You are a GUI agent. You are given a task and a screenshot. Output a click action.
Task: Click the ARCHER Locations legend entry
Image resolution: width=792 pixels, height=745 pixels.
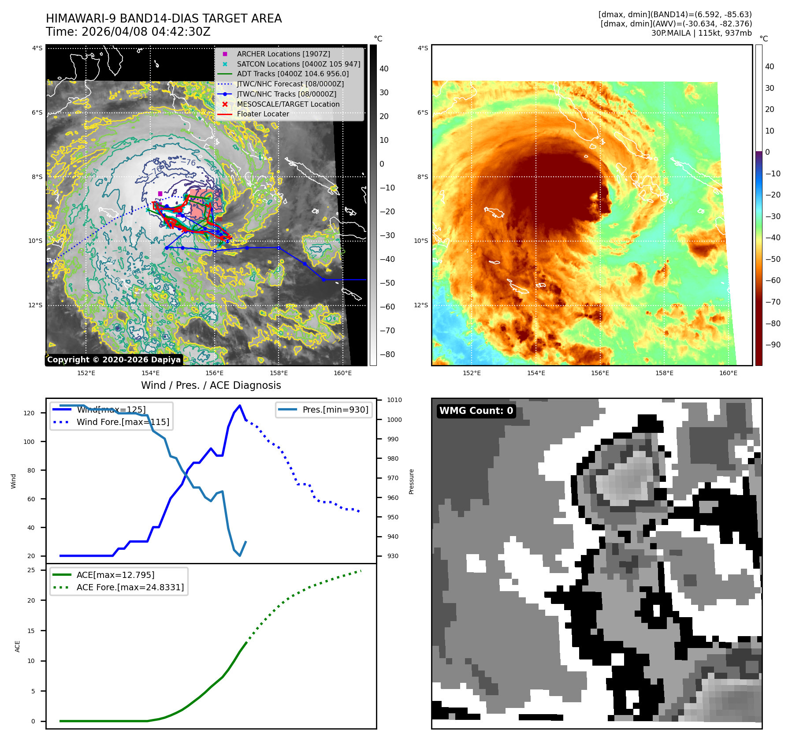click(283, 54)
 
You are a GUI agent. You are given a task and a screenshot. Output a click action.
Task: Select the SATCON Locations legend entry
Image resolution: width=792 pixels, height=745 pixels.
click(298, 64)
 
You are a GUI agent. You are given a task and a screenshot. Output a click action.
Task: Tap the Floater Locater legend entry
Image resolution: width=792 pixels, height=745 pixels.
click(263, 114)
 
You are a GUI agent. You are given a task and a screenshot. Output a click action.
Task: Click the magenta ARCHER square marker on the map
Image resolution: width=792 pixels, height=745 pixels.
click(160, 194)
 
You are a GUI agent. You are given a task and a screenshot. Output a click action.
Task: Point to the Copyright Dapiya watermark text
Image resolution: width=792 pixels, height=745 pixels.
click(114, 360)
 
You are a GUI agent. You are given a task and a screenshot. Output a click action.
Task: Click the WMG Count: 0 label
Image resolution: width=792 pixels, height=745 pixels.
click(476, 411)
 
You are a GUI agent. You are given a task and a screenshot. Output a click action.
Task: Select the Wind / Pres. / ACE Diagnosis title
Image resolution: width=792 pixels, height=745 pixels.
click(211, 385)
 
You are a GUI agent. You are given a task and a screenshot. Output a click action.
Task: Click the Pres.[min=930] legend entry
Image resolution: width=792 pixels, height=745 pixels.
click(335, 410)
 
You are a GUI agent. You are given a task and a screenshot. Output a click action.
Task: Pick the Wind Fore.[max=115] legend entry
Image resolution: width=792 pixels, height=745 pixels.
click(123, 422)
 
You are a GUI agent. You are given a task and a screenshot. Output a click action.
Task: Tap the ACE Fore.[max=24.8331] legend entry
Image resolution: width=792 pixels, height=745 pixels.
click(130, 587)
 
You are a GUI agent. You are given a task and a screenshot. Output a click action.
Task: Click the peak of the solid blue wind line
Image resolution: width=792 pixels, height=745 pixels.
click(240, 406)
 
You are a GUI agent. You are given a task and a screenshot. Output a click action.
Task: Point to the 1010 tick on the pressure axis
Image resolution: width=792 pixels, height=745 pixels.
click(394, 400)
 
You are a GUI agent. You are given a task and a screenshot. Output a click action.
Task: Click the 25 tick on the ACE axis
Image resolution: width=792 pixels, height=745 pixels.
click(31, 570)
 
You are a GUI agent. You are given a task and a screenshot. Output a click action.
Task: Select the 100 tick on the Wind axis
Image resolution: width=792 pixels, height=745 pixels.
click(29, 442)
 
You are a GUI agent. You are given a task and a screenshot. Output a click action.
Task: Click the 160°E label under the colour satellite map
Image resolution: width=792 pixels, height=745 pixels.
click(728, 373)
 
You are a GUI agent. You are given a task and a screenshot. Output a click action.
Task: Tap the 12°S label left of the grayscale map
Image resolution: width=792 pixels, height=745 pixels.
click(36, 305)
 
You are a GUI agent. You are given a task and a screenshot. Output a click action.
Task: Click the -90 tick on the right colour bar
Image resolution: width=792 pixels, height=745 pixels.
click(773, 345)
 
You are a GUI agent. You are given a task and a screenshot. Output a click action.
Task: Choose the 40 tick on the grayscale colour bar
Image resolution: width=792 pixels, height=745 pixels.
click(384, 69)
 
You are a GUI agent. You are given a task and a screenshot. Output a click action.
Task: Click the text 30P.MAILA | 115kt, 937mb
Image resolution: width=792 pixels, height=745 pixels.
click(701, 33)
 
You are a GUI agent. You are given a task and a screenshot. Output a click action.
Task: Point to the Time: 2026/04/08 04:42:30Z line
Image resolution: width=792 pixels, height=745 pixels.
click(128, 32)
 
